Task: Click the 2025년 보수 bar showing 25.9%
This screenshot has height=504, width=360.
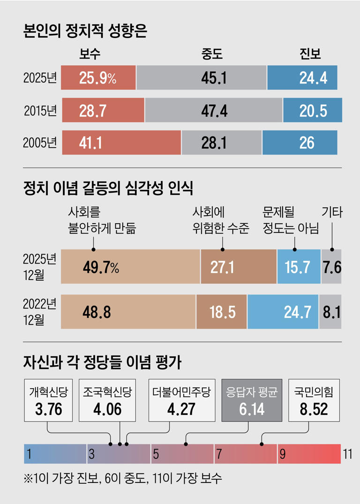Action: click(98, 78)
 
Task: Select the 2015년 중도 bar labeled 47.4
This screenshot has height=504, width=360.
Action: click(214, 111)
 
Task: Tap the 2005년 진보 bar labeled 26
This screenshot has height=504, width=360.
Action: click(300, 143)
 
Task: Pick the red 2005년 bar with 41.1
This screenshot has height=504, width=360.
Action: click(121, 143)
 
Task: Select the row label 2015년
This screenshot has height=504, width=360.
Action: click(40, 111)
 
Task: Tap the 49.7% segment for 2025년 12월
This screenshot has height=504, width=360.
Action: click(130, 267)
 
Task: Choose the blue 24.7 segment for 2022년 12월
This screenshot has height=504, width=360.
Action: click(283, 312)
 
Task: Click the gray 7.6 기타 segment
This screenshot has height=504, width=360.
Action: click(331, 267)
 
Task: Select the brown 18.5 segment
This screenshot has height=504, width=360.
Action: click(222, 312)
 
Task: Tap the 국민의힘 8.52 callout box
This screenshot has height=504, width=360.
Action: click(314, 400)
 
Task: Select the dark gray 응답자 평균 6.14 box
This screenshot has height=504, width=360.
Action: click(251, 400)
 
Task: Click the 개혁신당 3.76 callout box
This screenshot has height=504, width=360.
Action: click(48, 400)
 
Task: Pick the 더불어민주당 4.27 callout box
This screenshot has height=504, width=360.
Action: click(182, 400)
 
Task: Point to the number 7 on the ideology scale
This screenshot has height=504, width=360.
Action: click(218, 454)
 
